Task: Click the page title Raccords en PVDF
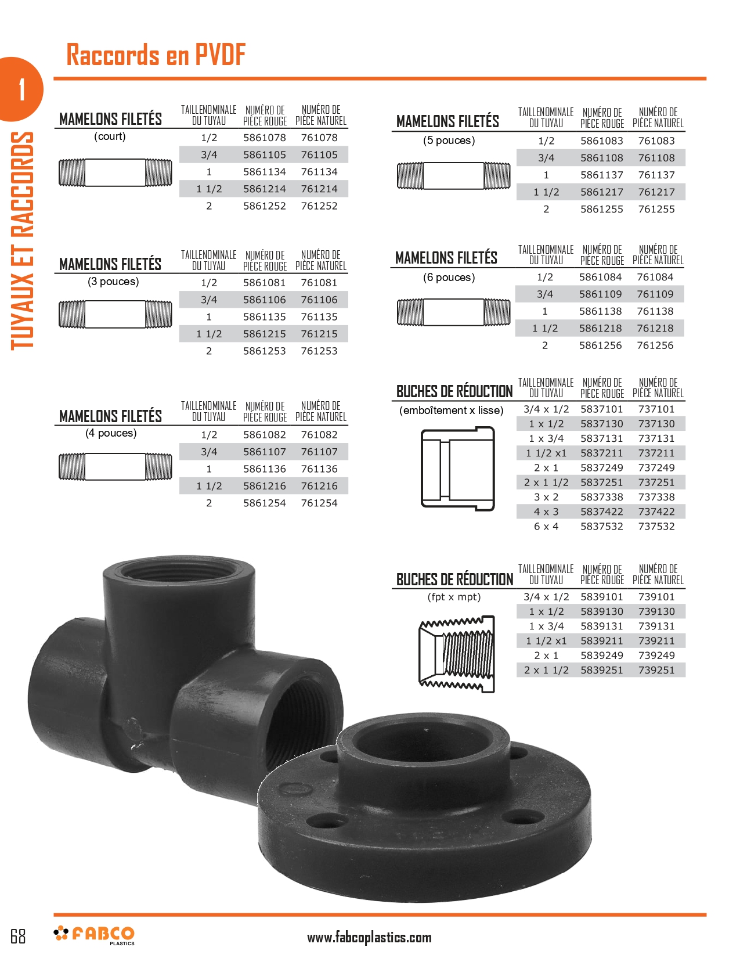(x=156, y=55)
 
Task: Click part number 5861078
(x=264, y=138)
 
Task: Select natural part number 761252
(x=319, y=206)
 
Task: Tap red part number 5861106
(x=264, y=300)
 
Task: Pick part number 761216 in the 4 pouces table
(x=319, y=486)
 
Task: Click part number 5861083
(x=601, y=141)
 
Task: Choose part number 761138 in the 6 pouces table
(x=655, y=311)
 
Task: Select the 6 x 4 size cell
(x=546, y=527)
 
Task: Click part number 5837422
(x=601, y=512)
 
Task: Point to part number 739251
(x=656, y=670)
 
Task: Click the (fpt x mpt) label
(x=454, y=597)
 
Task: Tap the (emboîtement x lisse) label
(x=451, y=410)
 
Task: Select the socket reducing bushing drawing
(x=457, y=469)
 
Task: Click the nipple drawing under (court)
(x=115, y=172)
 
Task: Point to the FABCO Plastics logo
(x=95, y=935)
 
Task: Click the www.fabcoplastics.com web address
(x=369, y=937)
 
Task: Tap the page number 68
(x=18, y=936)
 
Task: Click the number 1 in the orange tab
(x=21, y=89)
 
